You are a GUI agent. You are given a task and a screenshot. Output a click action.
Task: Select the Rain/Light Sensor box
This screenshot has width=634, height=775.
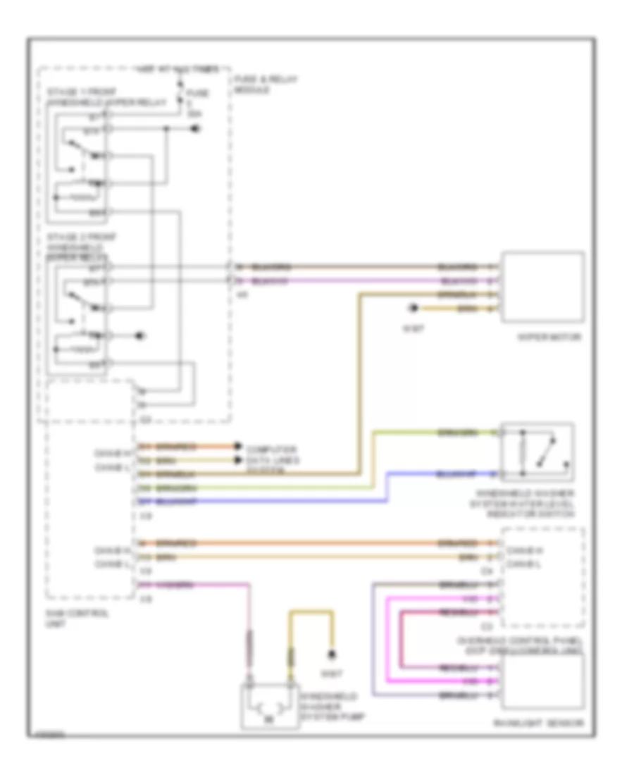tap(542, 681)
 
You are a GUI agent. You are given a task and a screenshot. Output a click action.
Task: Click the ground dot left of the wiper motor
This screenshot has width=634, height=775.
tap(414, 309)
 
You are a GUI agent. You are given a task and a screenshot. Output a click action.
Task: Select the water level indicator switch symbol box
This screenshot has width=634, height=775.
tap(536, 452)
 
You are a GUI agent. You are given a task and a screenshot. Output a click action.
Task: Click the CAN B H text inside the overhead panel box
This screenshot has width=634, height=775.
tap(523, 549)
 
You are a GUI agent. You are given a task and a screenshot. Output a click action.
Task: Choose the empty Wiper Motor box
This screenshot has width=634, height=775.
tap(542, 287)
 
